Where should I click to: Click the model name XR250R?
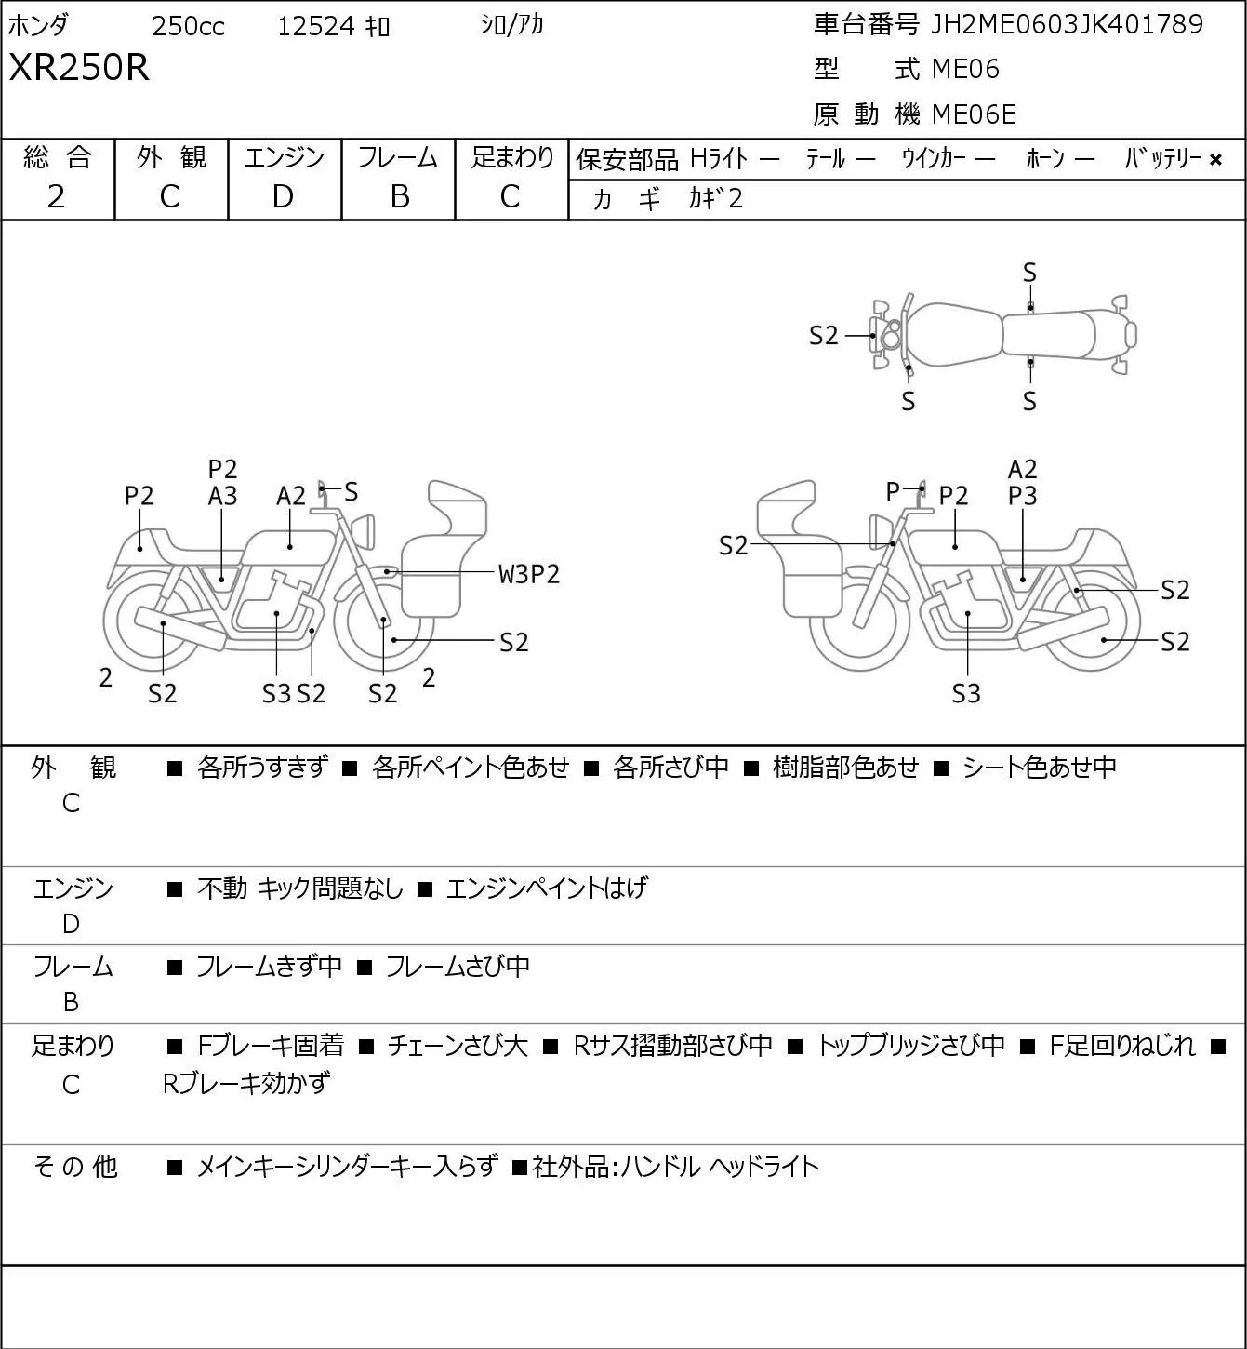coord(79,67)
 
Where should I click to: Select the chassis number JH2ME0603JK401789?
coord(1067,24)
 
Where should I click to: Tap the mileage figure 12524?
coord(316,26)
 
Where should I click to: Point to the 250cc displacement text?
coord(188,26)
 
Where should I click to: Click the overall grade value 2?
coord(56,197)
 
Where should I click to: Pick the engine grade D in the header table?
coord(283,197)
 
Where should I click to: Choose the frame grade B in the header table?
coord(400,197)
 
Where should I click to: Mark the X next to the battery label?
coord(1215,160)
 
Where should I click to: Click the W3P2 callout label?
coord(529,575)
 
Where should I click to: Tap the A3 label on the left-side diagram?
coord(223,497)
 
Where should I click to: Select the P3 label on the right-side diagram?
coord(1022,497)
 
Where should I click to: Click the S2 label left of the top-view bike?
coord(823,336)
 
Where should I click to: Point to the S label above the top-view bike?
coord(1029,274)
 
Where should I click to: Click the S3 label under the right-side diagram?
coord(966,693)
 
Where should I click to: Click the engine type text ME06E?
coord(974,114)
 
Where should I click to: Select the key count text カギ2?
coord(716,199)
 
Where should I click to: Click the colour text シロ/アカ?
coord(512,25)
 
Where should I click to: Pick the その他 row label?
coord(75,1167)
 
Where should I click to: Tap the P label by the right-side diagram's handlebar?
coord(893,491)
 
